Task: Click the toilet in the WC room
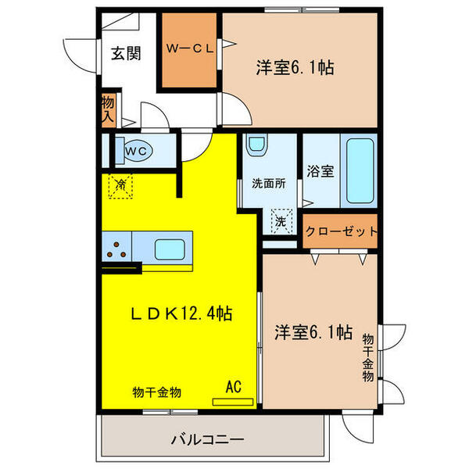[140, 149]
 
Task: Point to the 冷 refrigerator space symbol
[120, 186]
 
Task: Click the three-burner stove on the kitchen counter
[117, 250]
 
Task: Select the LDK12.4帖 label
[181, 315]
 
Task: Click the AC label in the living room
[233, 385]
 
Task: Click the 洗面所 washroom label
[267, 185]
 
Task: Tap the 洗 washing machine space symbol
[280, 221]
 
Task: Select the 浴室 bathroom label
[320, 171]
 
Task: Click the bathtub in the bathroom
[360, 170]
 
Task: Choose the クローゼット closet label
[341, 231]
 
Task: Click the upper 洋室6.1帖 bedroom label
[295, 68]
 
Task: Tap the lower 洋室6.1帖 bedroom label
[312, 333]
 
